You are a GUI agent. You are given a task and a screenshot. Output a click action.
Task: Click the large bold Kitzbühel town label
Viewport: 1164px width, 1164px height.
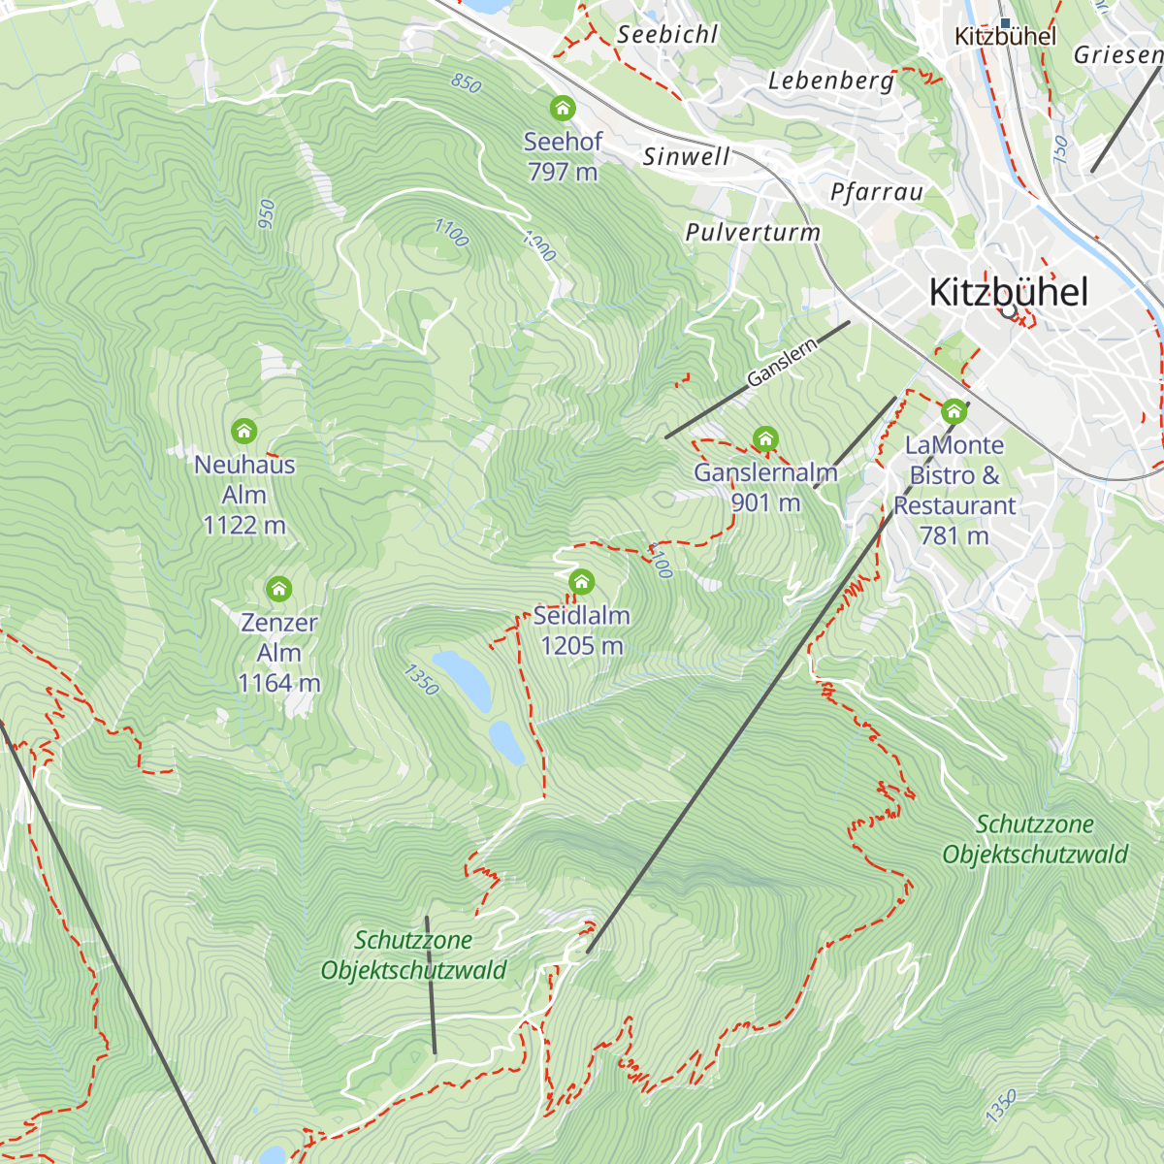click(1008, 292)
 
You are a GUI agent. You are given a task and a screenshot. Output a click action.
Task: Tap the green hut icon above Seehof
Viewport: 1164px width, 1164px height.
click(563, 108)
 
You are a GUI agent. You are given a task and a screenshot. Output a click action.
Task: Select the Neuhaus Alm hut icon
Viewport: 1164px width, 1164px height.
click(243, 430)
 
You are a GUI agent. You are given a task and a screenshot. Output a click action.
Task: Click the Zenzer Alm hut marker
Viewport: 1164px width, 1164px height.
click(279, 589)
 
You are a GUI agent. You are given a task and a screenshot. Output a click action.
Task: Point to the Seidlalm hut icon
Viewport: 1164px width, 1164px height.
click(581, 582)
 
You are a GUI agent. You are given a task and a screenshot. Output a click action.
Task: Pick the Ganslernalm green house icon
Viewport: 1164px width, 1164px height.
click(765, 439)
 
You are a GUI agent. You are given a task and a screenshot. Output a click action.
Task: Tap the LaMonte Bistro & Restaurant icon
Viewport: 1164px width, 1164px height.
click(954, 411)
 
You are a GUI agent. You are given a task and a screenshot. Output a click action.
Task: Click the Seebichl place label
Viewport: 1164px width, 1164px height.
click(667, 35)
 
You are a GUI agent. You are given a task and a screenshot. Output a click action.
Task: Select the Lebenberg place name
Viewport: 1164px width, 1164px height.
click(831, 81)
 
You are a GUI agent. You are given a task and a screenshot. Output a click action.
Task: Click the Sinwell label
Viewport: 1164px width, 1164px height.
click(686, 156)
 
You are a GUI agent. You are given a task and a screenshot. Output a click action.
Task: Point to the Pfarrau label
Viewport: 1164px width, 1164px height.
click(877, 192)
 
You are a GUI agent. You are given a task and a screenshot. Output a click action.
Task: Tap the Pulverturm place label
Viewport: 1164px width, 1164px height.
click(753, 233)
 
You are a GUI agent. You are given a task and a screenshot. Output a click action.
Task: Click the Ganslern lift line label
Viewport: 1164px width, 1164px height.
click(782, 364)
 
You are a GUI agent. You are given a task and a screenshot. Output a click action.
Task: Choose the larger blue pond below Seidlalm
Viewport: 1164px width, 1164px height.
click(462, 679)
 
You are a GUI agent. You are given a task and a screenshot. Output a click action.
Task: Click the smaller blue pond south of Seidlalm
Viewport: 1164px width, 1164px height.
click(506, 742)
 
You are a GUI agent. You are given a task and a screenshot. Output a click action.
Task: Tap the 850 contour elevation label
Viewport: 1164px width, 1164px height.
click(467, 83)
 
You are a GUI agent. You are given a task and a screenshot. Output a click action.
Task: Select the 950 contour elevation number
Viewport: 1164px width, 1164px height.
click(267, 214)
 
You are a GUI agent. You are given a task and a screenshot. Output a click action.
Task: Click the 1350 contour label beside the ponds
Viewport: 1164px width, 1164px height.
click(421, 679)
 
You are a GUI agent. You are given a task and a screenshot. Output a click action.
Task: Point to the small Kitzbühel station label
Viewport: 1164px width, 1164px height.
click(1005, 37)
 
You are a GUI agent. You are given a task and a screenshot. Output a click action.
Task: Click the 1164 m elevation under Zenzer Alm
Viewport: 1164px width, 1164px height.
click(278, 683)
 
